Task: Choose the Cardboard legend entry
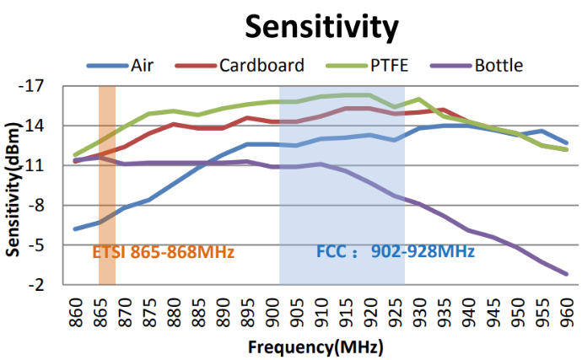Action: pos(261,65)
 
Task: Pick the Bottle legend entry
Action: pos(498,65)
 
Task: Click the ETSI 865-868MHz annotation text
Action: pos(163,251)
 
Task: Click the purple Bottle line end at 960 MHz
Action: pos(566,274)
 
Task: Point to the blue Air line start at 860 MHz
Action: pos(77,228)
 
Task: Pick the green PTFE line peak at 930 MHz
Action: pos(419,99)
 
